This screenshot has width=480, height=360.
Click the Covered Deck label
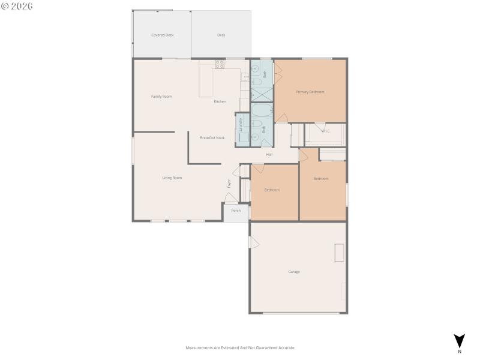click(162, 35)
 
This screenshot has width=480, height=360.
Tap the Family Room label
click(161, 97)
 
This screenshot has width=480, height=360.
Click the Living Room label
click(172, 178)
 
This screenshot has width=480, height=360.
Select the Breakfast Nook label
click(212, 138)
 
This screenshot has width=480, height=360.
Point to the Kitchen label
click(220, 101)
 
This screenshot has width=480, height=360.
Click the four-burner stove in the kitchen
click(220, 64)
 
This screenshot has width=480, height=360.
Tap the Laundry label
click(241, 124)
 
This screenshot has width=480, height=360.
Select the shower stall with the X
click(262, 95)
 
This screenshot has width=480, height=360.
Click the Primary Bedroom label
click(310, 92)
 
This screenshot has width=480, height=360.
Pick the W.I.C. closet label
click(325, 131)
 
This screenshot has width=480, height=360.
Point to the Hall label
click(269, 155)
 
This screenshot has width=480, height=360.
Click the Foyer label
click(229, 184)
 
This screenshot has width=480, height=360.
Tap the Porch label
click(236, 211)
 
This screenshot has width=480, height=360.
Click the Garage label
click(294, 272)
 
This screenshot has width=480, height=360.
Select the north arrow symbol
click(459, 341)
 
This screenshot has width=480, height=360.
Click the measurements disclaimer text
click(240, 348)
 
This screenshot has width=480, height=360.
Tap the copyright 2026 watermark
click(17, 6)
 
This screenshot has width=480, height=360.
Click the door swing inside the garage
click(254, 242)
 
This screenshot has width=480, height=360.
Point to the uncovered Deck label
click(221, 35)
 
